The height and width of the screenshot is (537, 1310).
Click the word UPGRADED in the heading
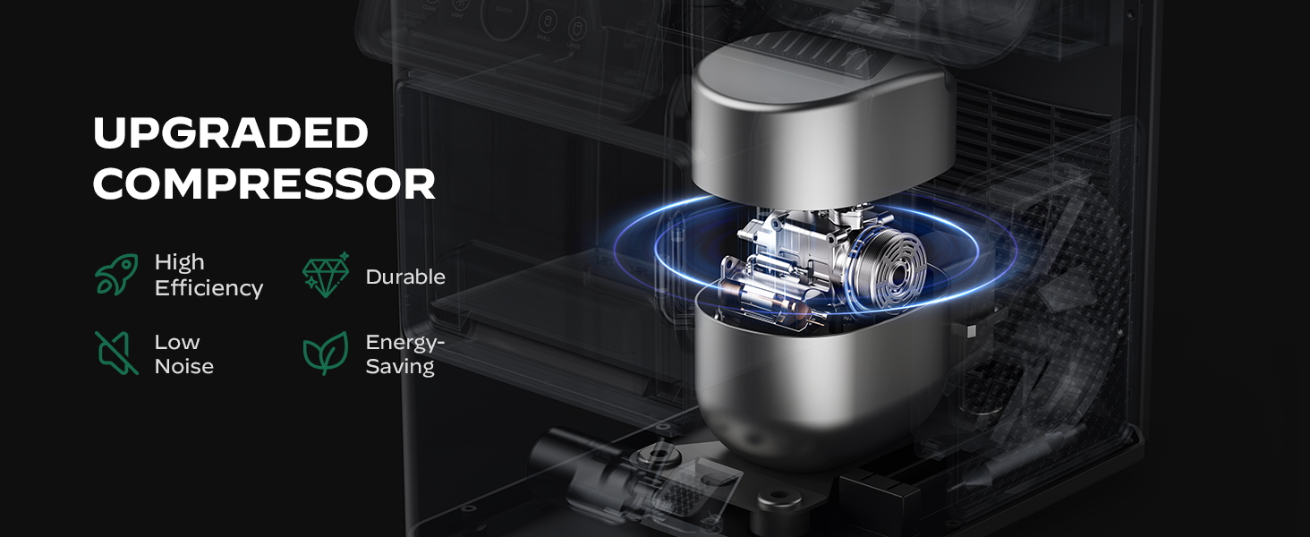point(231,132)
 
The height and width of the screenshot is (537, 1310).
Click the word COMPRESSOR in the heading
point(264,184)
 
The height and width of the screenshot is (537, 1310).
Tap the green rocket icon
point(117,274)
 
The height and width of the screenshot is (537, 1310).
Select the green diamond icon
point(326,275)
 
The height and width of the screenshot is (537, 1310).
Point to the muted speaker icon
point(116,353)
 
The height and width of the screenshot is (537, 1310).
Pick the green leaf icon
point(326,353)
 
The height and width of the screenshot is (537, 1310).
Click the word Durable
point(405,277)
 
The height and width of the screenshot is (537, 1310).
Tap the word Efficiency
point(208,288)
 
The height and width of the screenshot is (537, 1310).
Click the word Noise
point(184,366)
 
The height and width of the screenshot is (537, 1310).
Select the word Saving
point(400,367)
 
